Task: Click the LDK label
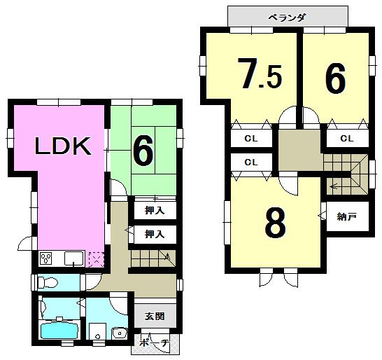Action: (63, 146)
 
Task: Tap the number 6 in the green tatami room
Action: (143, 151)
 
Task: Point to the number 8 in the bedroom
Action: (275, 223)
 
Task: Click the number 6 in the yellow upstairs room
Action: (335, 78)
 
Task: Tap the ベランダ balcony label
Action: (288, 17)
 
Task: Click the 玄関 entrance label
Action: (155, 317)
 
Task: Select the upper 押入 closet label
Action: (155, 210)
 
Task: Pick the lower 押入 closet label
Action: (155, 234)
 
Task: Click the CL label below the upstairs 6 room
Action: (346, 139)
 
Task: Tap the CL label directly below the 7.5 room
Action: (250, 139)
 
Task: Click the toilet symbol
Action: (47, 283)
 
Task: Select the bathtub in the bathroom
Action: (59, 330)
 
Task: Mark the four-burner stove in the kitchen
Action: (48, 258)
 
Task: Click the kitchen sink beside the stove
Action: (73, 259)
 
